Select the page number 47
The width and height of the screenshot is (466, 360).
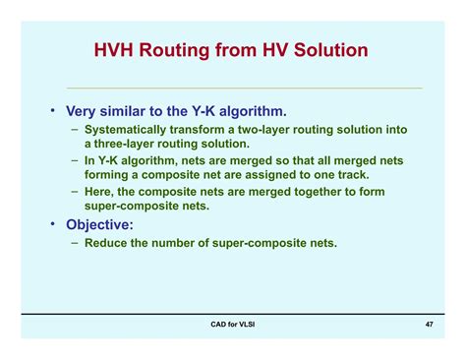pos(430,325)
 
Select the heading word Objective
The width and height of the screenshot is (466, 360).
pos(108,223)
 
